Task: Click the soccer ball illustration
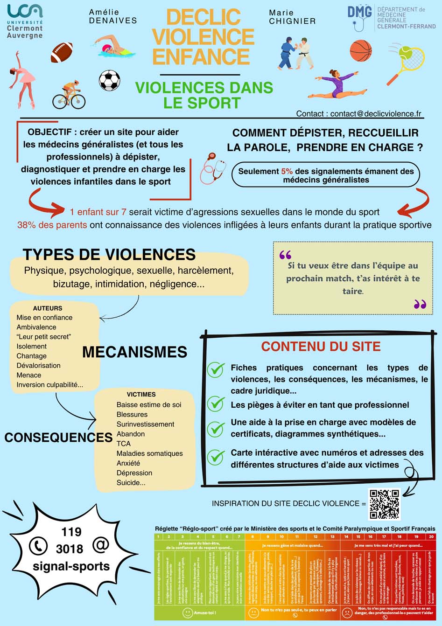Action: point(109,80)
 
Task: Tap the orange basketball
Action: point(361,50)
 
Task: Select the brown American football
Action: point(62,52)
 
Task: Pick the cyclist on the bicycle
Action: point(69,95)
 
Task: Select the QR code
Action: point(385,504)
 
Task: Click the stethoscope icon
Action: point(213,167)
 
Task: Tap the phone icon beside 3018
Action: point(38,546)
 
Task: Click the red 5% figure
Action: point(287,171)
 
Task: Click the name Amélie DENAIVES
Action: point(112,16)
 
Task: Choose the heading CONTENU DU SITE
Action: point(321,346)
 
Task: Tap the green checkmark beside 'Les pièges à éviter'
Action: point(216,404)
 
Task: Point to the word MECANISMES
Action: point(134,352)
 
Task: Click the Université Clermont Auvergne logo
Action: point(25,21)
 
